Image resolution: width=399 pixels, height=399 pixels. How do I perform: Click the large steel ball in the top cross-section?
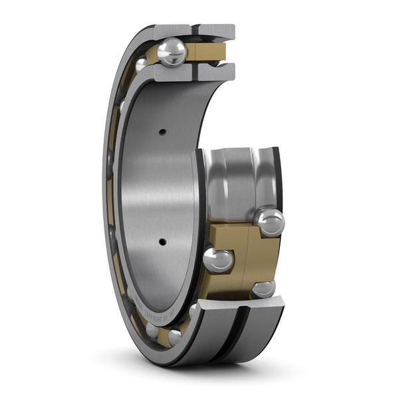click(172, 52)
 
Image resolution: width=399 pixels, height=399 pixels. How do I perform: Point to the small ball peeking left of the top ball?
click(142, 65)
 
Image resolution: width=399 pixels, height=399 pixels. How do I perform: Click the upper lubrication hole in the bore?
click(162, 132)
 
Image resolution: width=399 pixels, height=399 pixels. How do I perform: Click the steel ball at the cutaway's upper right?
click(269, 221)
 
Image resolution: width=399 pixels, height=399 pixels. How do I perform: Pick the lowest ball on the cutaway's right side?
click(263, 289)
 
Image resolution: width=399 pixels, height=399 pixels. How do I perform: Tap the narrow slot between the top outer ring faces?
click(194, 31)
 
